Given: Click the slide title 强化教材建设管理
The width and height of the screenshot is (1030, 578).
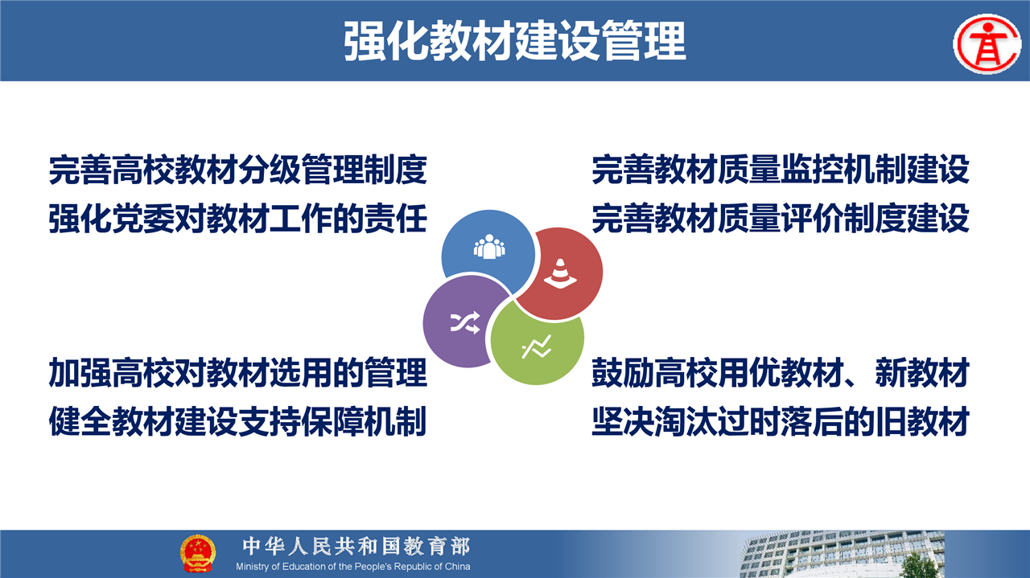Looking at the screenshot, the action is coord(515,41).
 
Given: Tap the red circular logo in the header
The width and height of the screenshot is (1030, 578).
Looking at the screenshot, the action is coord(987,44).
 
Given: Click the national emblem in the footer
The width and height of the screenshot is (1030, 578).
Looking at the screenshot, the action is coord(198,553).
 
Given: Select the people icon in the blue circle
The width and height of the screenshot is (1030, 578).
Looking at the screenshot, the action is coord(489,247).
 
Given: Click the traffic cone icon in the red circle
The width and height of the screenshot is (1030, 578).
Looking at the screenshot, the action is coord(560,273).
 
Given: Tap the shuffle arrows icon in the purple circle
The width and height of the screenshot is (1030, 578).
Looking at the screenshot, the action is coord(465,322).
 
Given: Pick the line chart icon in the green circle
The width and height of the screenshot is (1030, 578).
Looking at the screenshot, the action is coord(537,347).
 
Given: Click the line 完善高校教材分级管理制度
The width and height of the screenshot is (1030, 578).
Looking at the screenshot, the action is coord(237,170).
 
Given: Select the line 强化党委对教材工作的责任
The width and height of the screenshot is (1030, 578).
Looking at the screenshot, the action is coord(237,219).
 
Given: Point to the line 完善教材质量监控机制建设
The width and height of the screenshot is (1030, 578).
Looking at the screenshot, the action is coord(781,170).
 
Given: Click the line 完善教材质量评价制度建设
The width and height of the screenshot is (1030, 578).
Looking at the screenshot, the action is coord(781,219).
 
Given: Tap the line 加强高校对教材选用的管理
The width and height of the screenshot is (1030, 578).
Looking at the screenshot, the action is coord(237,373).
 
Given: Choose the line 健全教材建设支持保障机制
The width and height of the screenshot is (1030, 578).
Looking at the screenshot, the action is coord(237,421).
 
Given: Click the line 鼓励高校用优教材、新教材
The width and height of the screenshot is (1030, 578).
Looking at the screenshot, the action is coord(781,373).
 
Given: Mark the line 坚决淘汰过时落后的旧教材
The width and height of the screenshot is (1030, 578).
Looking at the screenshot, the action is coord(781,421).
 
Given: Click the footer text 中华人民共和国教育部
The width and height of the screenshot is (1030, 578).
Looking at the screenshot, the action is coord(356,547).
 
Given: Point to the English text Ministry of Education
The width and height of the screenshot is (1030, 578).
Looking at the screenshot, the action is coord(281,567).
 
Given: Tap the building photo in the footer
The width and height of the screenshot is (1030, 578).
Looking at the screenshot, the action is coord(843,554).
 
